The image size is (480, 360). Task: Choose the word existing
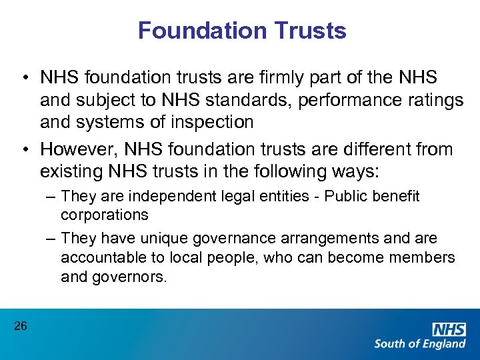(74, 171)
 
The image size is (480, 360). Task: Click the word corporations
(105, 215)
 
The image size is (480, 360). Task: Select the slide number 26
(21, 326)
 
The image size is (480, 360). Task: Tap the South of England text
(419, 343)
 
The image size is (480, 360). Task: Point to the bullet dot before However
(24, 149)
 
